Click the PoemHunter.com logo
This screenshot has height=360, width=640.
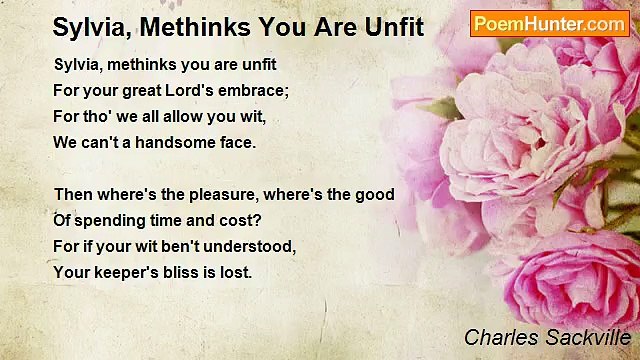coord(549,23)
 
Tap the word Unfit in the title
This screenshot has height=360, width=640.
coord(391,27)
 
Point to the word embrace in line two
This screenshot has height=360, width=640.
coord(259,90)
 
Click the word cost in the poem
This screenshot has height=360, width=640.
coord(249,220)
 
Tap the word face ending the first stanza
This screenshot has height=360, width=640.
coord(237,142)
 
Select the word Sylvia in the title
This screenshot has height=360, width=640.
coord(88,27)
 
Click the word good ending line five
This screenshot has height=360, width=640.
coord(376,194)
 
